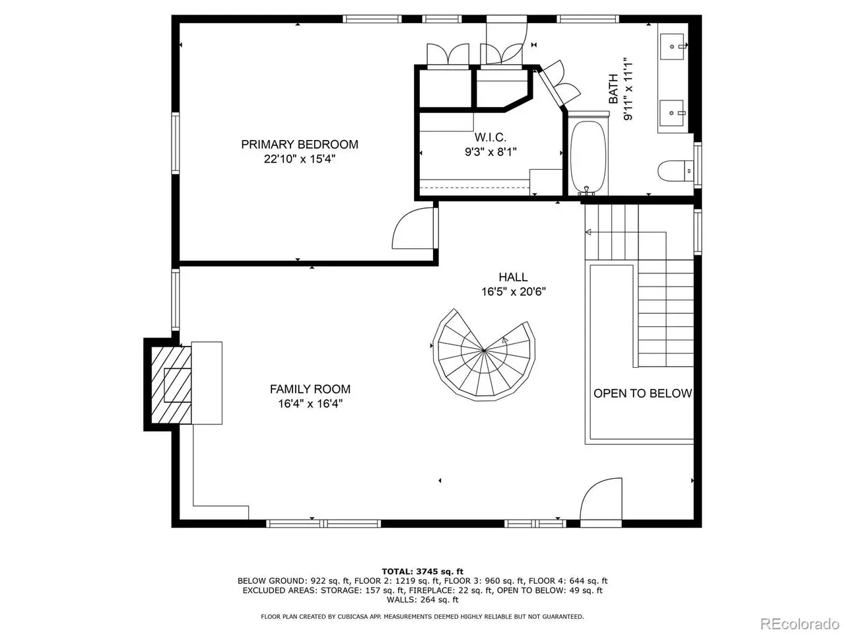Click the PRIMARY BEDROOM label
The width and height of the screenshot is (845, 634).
[x=300, y=145]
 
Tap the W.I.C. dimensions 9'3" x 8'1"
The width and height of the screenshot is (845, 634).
[x=490, y=152]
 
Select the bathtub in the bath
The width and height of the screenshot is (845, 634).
[x=588, y=155]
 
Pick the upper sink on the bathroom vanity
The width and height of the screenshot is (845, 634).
[x=672, y=47]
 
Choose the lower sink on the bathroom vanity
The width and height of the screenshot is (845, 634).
[x=672, y=113]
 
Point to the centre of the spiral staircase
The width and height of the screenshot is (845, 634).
[x=483, y=351]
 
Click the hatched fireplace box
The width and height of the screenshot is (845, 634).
[x=171, y=384]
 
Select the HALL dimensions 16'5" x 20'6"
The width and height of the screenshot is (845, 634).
[x=514, y=291]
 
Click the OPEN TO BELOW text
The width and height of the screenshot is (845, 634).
[x=642, y=394]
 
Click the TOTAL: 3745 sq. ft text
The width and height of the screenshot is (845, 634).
[x=422, y=572]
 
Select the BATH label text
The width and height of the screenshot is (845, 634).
[x=613, y=89]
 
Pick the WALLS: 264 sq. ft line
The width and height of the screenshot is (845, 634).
[x=422, y=600]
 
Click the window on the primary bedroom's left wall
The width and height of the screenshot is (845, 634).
[x=176, y=143]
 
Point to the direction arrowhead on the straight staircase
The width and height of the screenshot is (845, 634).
[x=588, y=232]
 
